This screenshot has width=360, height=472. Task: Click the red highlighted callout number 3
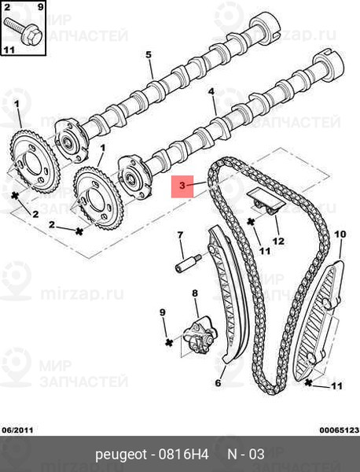click(x=182, y=186)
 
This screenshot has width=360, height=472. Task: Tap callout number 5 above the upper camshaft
click(x=149, y=55)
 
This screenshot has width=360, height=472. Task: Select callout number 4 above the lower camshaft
click(x=211, y=91)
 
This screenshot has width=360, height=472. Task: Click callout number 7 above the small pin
click(x=180, y=234)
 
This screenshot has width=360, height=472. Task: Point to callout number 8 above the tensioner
click(x=195, y=293)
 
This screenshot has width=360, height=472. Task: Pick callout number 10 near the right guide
click(x=340, y=234)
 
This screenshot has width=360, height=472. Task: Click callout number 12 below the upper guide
click(x=278, y=242)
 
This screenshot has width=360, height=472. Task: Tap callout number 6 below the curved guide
click(x=218, y=383)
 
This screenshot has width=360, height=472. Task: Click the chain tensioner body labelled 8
click(x=200, y=336)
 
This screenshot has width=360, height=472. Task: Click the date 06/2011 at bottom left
click(x=18, y=430)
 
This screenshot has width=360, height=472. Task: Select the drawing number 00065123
click(x=340, y=430)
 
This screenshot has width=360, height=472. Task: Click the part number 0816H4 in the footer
click(x=183, y=454)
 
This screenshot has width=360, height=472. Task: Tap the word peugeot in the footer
click(x=121, y=455)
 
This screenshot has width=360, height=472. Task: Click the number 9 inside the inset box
click(x=41, y=6)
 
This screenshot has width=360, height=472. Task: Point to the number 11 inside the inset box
click(x=9, y=50)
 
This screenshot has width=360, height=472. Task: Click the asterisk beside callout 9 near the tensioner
click(x=170, y=342)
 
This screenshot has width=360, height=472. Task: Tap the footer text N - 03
click(x=246, y=454)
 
